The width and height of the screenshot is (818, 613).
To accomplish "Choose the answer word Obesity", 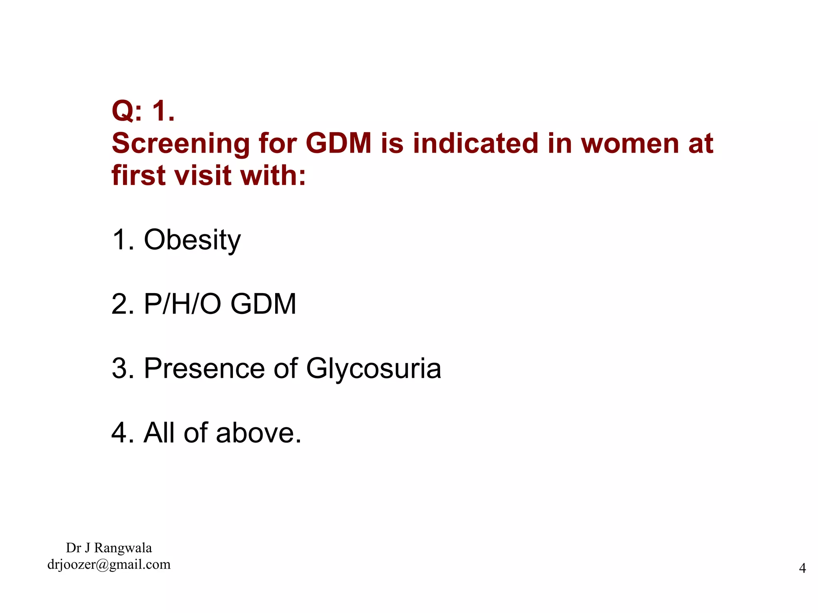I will point(192,240).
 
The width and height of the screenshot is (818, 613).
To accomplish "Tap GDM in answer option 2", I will point(263,304).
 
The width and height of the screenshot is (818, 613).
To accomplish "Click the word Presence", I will point(204,368).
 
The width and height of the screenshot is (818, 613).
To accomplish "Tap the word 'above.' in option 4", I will point(258,432).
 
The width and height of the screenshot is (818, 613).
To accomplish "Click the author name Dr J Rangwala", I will point(109,548).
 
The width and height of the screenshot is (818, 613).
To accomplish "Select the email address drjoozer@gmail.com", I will point(109,564).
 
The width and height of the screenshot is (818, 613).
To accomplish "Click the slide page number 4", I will point(802,568).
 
